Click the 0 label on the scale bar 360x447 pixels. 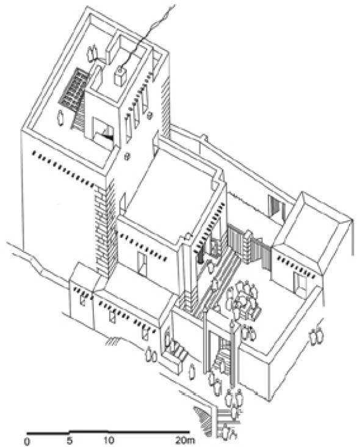click(x=27, y=442)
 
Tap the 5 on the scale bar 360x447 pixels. click(x=70, y=441)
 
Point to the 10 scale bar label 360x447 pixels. click(x=109, y=441)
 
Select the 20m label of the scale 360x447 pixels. click(x=185, y=441)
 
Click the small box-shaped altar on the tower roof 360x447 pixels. click(x=120, y=76)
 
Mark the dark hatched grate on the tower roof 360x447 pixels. click(x=74, y=88)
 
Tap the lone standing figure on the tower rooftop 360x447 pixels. click(x=60, y=118)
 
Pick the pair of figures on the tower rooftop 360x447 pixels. click(x=92, y=53)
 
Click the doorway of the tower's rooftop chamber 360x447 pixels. click(x=104, y=132)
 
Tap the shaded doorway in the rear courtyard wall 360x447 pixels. click(x=276, y=210)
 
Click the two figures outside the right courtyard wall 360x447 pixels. click(x=317, y=337)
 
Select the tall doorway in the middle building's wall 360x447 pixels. click(x=142, y=265)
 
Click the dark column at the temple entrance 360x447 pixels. click(x=201, y=254)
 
